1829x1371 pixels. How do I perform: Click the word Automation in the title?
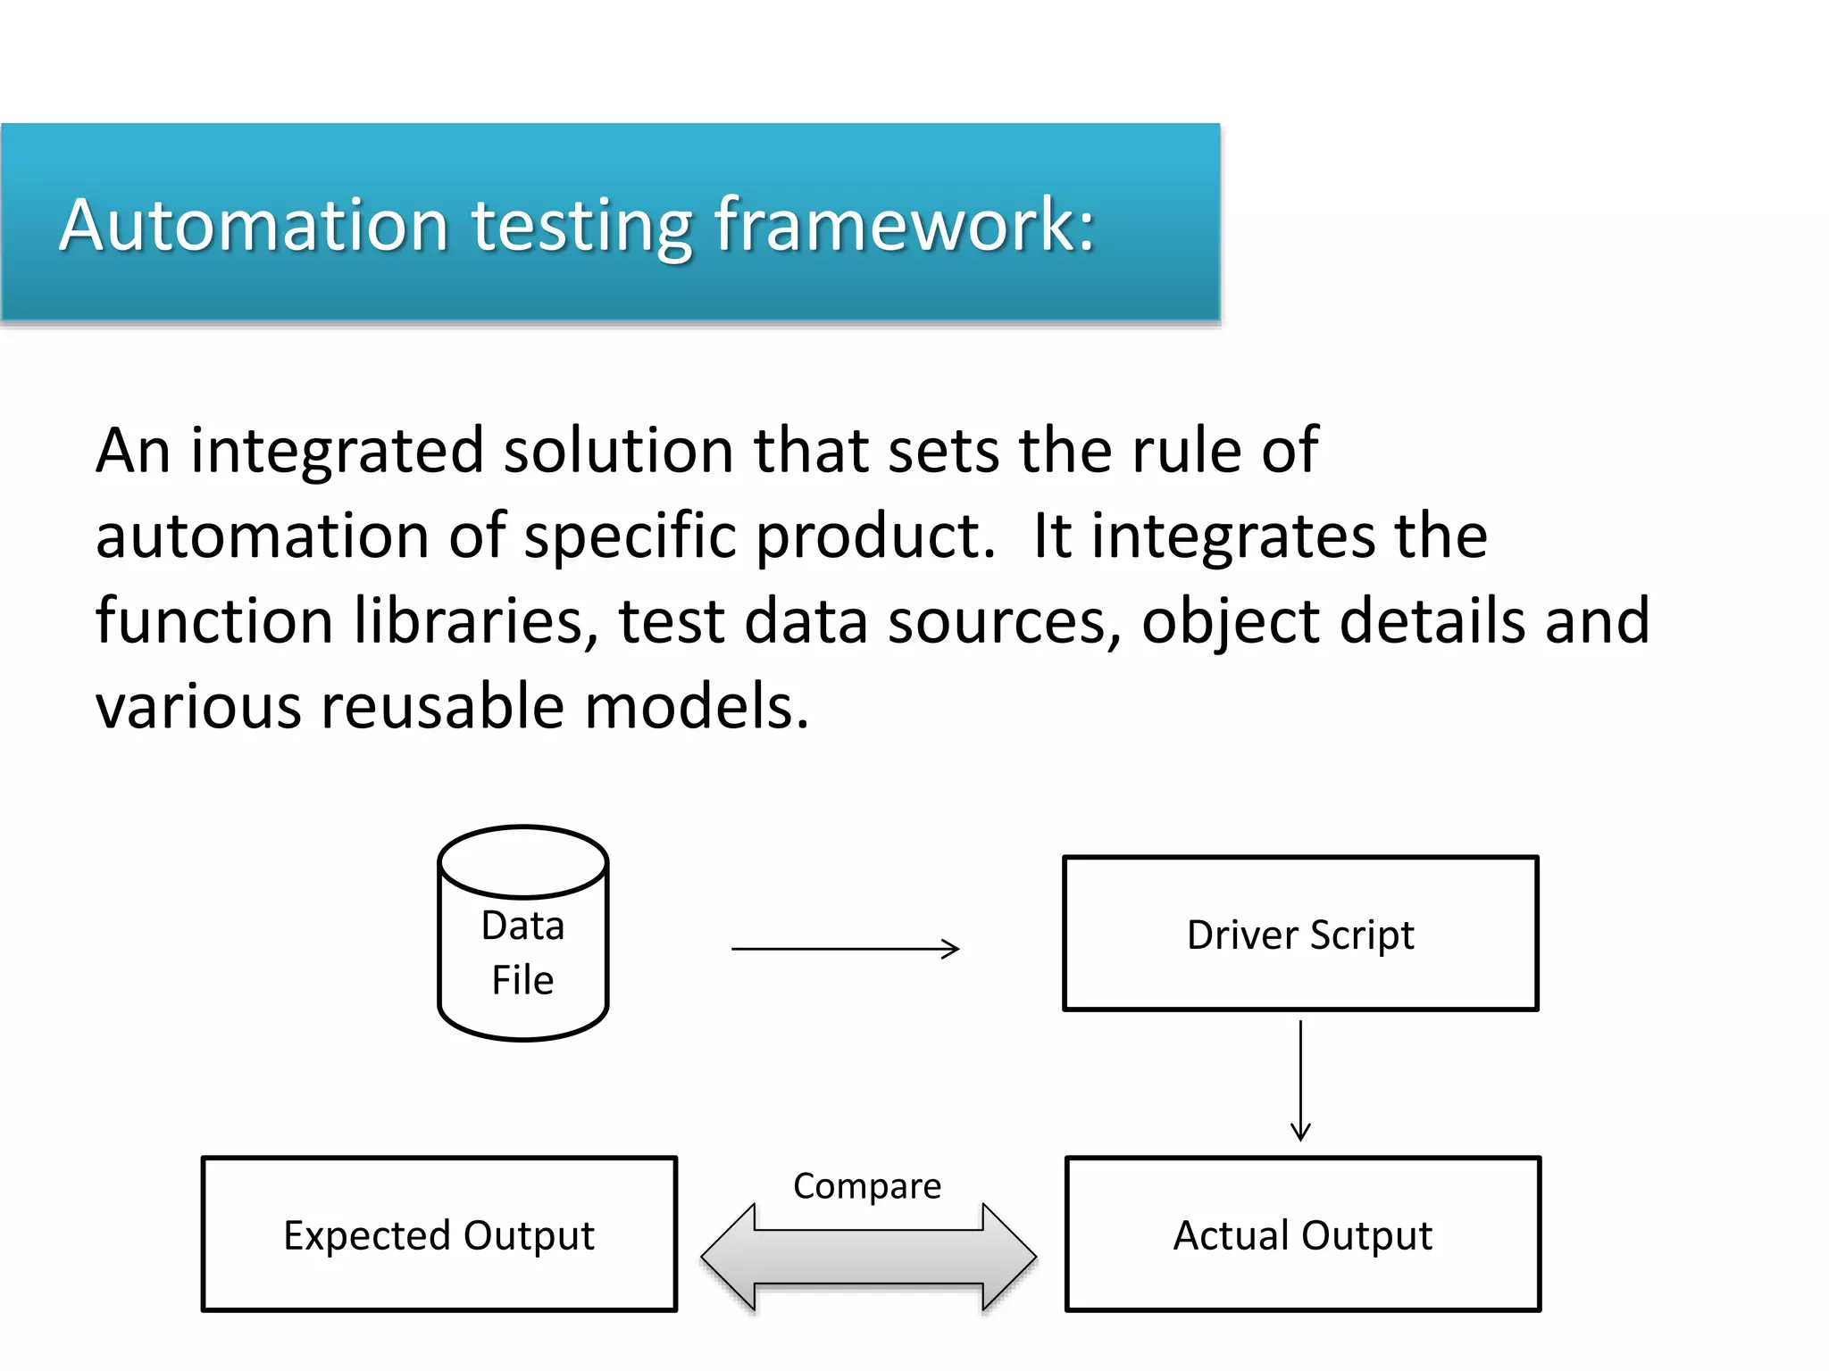[254, 225]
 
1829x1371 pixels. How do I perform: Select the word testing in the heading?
[581, 227]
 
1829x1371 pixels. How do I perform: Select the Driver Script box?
[1300, 934]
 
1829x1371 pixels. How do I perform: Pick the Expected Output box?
[438, 1234]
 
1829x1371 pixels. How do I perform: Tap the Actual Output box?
[1302, 1234]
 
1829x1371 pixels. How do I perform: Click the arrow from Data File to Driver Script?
[845, 949]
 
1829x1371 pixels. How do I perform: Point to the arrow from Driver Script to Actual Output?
[1300, 1080]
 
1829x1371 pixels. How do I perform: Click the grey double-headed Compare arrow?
[868, 1257]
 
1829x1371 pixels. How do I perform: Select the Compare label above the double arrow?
[867, 1186]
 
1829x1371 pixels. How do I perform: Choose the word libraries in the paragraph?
[473, 621]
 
